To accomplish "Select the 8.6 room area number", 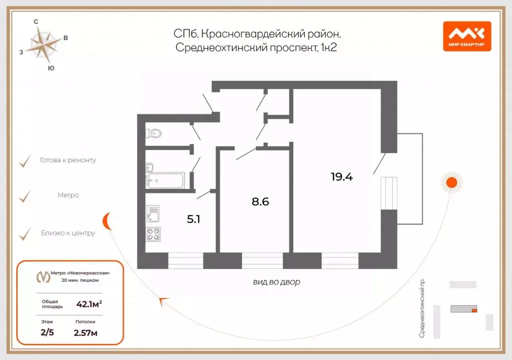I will click(x=260, y=202).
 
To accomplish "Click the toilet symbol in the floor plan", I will click(x=154, y=133).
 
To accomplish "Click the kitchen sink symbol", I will click(x=153, y=213).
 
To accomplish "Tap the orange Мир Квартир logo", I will click(x=466, y=36).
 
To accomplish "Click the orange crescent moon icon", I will click(x=107, y=219).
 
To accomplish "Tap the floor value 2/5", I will click(x=47, y=332).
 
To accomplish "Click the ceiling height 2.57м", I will click(x=85, y=332).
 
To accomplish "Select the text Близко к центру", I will click(x=67, y=233).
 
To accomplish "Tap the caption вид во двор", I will click(x=276, y=282).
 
